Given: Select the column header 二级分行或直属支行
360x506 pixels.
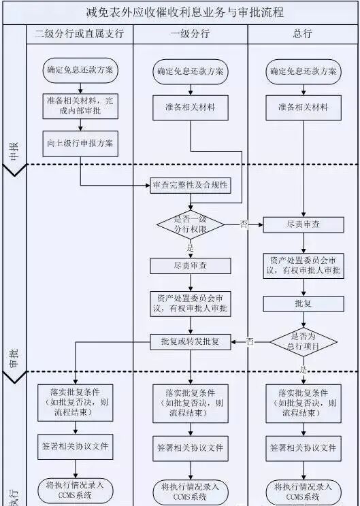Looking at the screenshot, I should pyautogui.click(x=80, y=33).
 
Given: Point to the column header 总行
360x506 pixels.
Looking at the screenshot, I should pyautogui.click(x=303, y=33).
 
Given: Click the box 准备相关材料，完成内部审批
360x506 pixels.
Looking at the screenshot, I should pyautogui.click(x=80, y=105).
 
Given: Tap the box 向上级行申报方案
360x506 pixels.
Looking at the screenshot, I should pyautogui.click(x=80, y=143).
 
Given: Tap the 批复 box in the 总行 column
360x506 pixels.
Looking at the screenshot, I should pyautogui.click(x=303, y=302).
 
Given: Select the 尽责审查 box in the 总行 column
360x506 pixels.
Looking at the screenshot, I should pyautogui.click(x=303, y=224).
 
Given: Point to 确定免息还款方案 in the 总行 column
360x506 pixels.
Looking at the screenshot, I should pyautogui.click(x=303, y=71).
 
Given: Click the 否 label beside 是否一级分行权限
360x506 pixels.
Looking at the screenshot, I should pyautogui.click(x=244, y=224).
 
